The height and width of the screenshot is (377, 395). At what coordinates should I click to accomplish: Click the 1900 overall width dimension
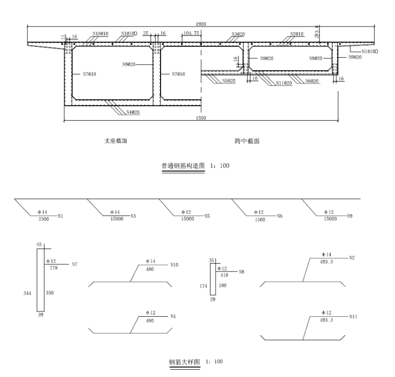coord(200,24)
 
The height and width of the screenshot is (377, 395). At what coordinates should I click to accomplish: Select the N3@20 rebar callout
coord(238,34)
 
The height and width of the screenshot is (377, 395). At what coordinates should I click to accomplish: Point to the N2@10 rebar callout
coord(297,34)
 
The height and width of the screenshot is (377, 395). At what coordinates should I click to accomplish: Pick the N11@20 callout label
coord(284,83)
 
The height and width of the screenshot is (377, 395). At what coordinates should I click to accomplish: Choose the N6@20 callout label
coord(312,81)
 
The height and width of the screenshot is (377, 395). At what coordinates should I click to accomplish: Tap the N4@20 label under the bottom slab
coord(134,111)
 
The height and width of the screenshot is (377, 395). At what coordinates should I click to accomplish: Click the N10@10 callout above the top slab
coord(101,34)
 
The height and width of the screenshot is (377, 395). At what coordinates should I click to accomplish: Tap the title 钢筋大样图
coord(185,361)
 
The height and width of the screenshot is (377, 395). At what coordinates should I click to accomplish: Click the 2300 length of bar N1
coord(45,219)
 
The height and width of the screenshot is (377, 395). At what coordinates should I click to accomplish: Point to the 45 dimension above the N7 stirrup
coord(38,244)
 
